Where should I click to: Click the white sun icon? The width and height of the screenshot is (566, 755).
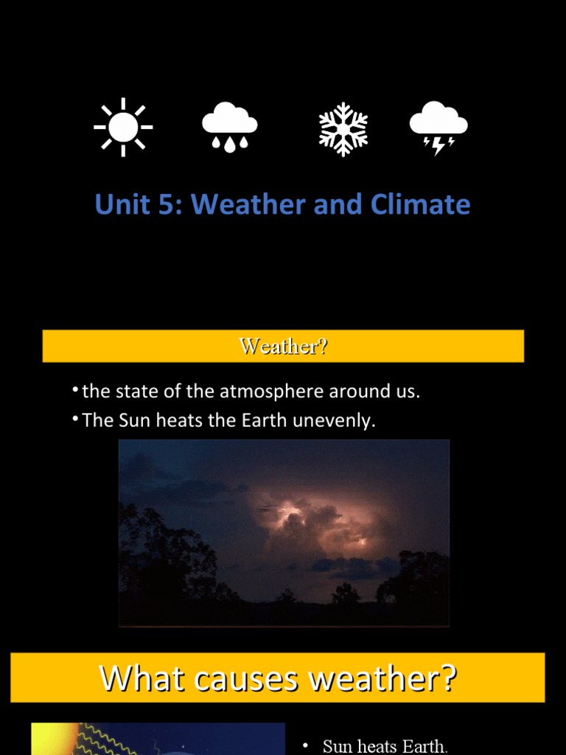tap(123, 127)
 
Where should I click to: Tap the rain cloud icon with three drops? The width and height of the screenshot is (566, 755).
tap(230, 127)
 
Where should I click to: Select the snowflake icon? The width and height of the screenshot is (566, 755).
tap(343, 129)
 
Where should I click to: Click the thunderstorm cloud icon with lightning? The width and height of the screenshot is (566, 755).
tap(439, 128)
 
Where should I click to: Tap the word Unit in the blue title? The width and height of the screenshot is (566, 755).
tap(122, 204)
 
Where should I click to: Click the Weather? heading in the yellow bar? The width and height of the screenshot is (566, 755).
tap(283, 346)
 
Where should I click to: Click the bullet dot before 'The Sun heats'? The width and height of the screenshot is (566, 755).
tap(76, 419)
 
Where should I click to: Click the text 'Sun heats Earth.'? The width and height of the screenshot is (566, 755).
tap(385, 746)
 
